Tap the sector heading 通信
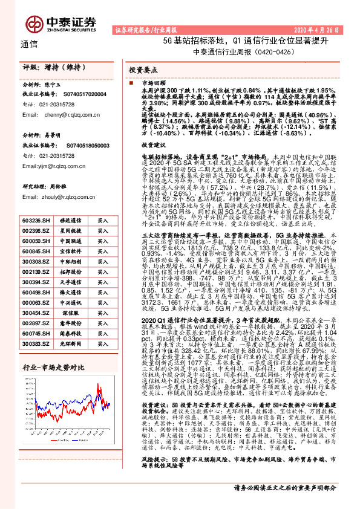28,44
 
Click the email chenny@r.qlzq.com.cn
68,114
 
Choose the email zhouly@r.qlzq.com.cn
68,196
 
